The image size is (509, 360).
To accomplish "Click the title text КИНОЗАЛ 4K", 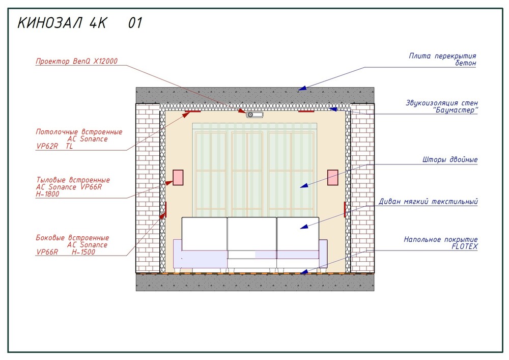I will pos(62,23).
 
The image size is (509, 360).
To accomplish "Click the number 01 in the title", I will pos(135,23).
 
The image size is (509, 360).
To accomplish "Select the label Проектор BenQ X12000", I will pos(77,61).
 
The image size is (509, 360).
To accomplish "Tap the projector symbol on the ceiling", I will pos(254,115).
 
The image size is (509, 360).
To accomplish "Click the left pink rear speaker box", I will pos(178,177).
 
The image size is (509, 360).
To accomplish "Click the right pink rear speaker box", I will pos(332,177).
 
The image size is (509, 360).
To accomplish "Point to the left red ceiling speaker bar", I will pos(193,111).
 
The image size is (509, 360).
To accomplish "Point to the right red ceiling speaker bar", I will pos(306,111).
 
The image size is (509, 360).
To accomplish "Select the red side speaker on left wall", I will pos(165,209).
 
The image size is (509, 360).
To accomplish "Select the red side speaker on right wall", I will pos(345,209).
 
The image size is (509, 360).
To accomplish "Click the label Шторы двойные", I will pos(450,160).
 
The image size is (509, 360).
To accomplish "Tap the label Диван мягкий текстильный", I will pos(428,202).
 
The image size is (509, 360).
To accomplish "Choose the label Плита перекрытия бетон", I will pos(442,60).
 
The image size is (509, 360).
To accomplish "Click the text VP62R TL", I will pos(54,146).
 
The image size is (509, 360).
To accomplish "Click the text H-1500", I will pos(83,252).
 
